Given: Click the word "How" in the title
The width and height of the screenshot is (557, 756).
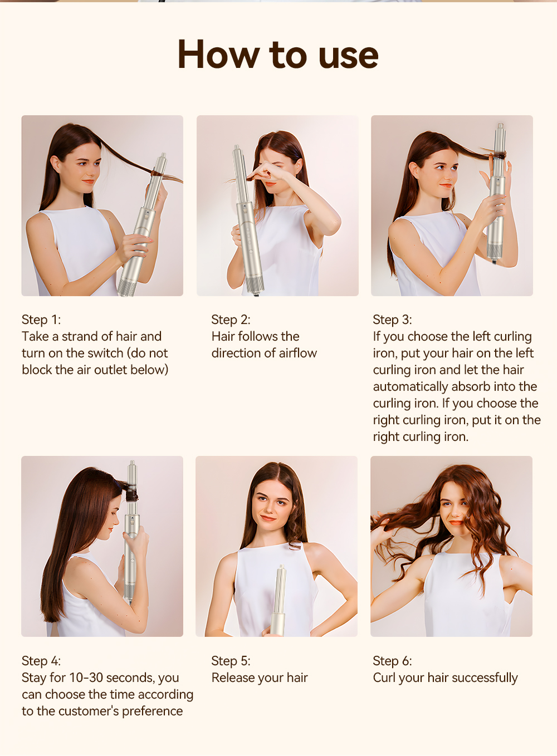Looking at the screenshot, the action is click(218, 55).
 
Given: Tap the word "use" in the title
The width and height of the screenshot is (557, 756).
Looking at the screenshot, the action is click(348, 58).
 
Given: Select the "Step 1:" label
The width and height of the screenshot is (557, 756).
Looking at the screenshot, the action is click(41, 320).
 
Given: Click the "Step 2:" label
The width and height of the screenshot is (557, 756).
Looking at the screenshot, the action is click(231, 320).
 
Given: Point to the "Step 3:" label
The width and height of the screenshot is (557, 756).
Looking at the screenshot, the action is click(393, 320).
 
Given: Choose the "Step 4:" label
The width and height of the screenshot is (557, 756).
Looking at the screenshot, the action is click(41, 661).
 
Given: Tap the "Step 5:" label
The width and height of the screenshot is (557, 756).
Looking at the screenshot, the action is click(231, 661).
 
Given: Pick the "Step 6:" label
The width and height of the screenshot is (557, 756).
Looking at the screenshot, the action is click(393, 661).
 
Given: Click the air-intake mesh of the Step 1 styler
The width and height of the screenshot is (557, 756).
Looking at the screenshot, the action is click(128, 287).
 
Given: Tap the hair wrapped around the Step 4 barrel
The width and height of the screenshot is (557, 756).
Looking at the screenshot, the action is click(131, 493).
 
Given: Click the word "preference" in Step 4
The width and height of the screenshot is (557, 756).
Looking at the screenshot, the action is click(152, 711).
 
